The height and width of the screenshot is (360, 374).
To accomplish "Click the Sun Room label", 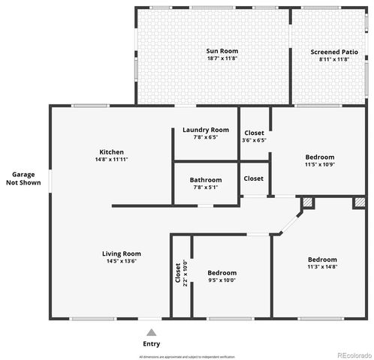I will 222,51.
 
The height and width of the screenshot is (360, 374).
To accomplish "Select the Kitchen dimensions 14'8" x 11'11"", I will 112,160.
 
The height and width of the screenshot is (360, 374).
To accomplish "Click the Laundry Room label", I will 206,130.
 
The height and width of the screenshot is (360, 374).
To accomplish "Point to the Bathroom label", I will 206,180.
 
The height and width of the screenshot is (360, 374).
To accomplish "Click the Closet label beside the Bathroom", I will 254,178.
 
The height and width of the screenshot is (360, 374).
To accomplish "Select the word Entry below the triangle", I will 152,343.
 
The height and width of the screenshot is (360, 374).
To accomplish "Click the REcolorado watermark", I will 352,355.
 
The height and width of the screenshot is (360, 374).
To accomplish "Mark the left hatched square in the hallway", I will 308,203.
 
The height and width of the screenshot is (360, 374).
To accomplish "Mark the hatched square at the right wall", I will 359,203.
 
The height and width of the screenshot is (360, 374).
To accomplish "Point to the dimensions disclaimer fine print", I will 187,356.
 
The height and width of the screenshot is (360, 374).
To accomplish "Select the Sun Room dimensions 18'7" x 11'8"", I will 222,59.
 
